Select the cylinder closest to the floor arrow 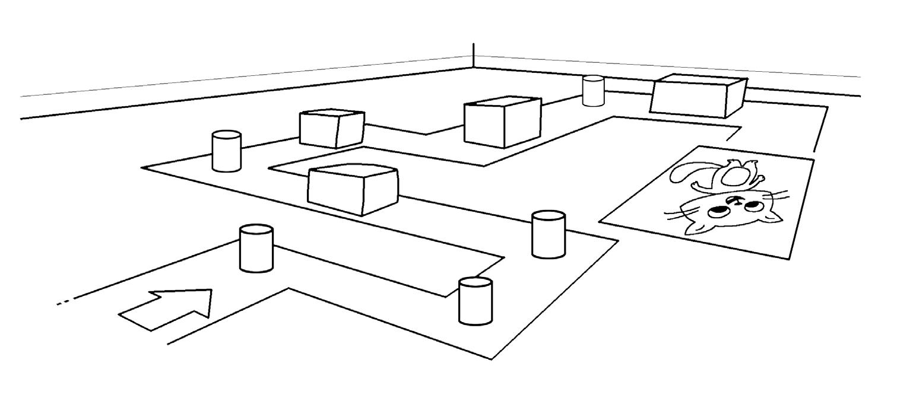pos(256,249)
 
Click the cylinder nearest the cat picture pos(548,235)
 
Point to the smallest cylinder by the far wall pos(592,91)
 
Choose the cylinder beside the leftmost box pos(226,152)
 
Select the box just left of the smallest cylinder pos(502,123)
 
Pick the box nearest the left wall pos(331,128)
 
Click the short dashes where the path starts pos(62,304)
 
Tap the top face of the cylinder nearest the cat pos(548,216)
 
